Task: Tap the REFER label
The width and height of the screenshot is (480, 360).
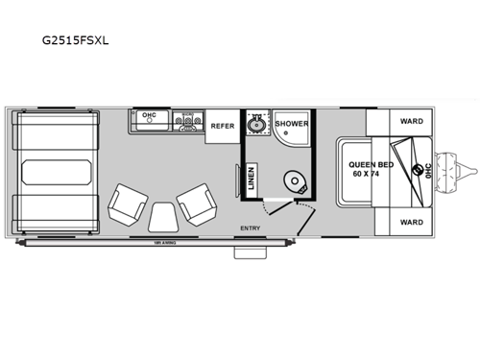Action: click(x=223, y=126)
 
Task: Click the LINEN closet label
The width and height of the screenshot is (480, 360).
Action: click(x=251, y=180)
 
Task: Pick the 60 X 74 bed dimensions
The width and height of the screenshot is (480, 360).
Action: click(x=366, y=176)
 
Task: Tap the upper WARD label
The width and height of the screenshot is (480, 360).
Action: click(x=411, y=122)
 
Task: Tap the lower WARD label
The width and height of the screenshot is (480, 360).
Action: click(x=411, y=221)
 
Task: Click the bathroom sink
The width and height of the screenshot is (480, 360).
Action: click(x=255, y=125)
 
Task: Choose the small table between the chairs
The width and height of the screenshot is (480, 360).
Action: click(x=160, y=216)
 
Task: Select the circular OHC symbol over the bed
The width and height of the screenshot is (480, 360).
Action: click(x=417, y=171)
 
